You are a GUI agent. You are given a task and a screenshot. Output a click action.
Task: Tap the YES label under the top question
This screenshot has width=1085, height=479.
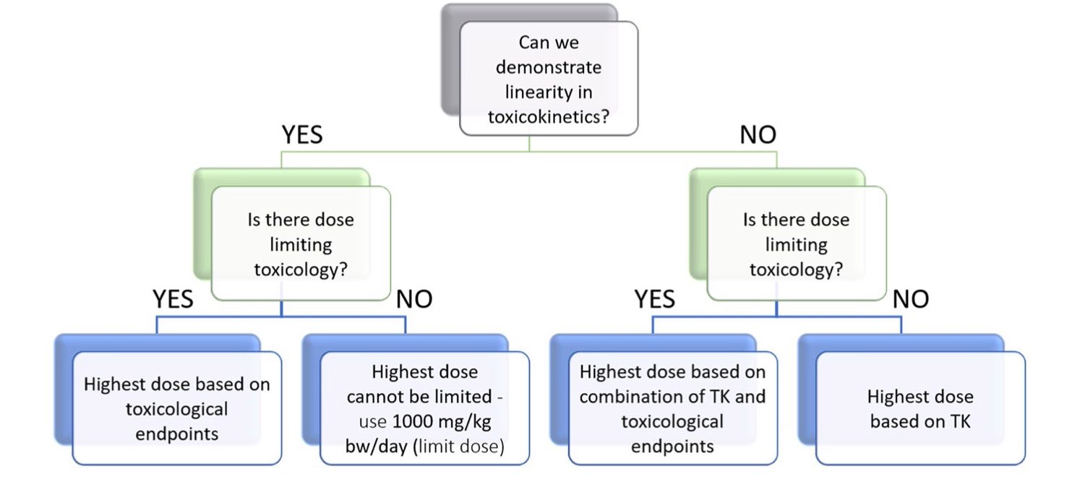pos(302,135)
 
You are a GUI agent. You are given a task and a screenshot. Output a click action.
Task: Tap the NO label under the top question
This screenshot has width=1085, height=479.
pos(757,135)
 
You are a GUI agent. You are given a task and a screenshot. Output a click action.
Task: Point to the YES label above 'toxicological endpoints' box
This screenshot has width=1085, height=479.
pos(173,298)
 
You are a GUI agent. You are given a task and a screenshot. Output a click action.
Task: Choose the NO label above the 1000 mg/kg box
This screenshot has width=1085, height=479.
pos(413,298)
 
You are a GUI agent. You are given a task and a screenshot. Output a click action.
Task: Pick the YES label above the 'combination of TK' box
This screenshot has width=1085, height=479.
pos(654,298)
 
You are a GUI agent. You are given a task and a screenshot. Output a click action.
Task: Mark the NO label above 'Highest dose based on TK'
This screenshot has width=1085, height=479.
pos(910,298)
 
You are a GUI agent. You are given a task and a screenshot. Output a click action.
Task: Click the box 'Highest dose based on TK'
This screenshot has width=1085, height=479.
pos(920,408)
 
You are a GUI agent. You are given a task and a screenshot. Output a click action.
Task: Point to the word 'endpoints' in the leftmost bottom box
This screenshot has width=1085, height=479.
pos(176,433)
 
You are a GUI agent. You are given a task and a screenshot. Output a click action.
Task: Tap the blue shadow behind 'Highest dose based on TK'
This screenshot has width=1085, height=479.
pos(807,390)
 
